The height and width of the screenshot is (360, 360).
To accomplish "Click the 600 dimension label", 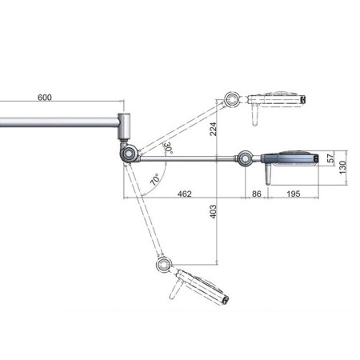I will (x=44, y=97).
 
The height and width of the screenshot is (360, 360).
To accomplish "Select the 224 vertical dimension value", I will (x=213, y=129).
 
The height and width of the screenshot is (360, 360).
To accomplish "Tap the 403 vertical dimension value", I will (x=213, y=210).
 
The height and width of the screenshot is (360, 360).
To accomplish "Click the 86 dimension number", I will (x=257, y=194).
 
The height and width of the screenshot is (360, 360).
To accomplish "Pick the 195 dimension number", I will (x=293, y=194).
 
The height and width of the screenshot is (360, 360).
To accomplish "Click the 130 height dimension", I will (x=345, y=166).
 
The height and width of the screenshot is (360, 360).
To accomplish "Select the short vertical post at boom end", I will (x=125, y=126).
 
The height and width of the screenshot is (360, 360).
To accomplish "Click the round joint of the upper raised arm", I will (x=232, y=100).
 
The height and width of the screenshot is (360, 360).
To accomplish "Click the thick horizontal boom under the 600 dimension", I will (x=56, y=125).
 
